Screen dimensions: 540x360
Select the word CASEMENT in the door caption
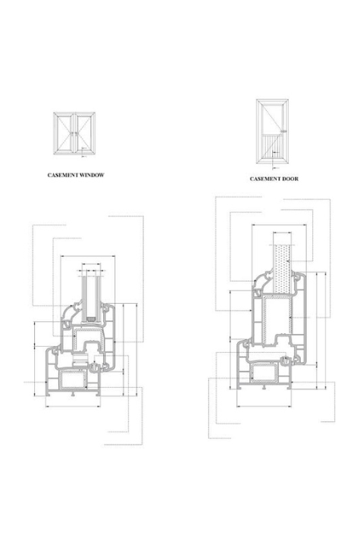click(268, 179)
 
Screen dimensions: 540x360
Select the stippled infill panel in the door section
click(281, 269)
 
